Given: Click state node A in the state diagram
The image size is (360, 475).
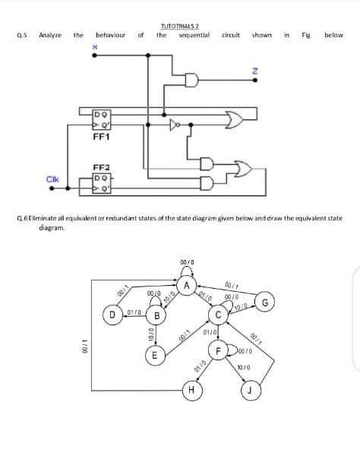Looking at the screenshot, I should click(186, 286).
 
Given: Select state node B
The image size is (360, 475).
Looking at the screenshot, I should click(156, 315).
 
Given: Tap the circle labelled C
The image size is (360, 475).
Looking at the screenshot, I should click(218, 315).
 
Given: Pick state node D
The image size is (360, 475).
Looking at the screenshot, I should click(112, 312).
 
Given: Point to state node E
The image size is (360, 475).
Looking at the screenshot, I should click(154, 355).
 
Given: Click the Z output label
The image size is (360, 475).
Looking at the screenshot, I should click(256, 71).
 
